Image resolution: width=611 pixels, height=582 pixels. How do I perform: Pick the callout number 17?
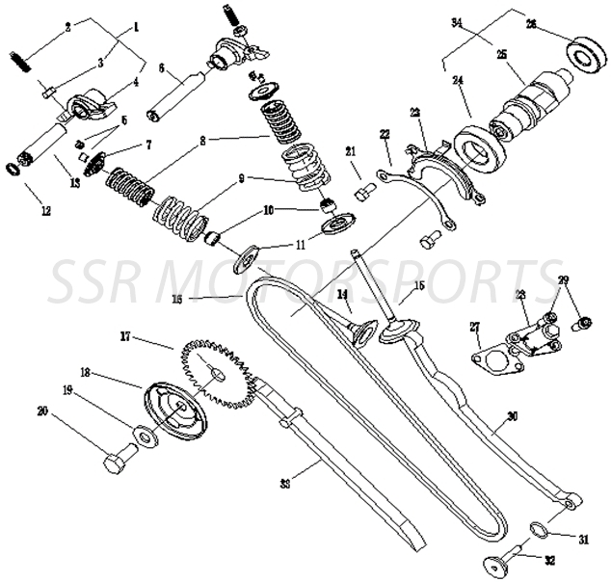click(x=125, y=336)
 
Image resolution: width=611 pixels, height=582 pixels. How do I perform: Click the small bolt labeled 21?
click(x=362, y=193)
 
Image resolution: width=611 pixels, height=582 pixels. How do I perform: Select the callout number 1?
click(x=134, y=28)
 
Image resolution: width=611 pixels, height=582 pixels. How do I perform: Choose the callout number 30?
click(x=511, y=417)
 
